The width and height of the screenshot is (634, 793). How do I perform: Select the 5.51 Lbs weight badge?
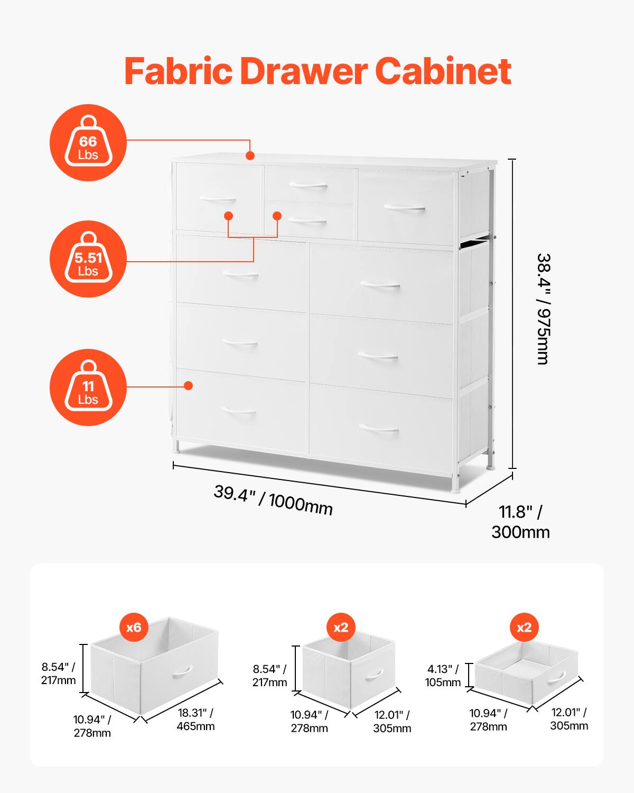point(88,259)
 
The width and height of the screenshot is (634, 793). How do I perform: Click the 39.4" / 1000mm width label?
point(273,499)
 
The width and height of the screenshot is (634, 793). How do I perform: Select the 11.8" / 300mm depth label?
point(520,522)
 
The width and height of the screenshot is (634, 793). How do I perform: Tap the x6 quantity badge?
point(134,628)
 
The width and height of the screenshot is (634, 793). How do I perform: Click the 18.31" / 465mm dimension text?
point(195,719)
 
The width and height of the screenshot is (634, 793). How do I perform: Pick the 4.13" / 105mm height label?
point(443,676)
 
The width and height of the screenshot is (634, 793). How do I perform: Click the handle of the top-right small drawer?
point(405,208)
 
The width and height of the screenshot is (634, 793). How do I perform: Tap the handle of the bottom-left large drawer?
point(239,411)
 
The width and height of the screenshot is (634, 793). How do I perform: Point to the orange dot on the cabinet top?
point(250,155)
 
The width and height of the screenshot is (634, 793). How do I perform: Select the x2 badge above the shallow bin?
point(524,628)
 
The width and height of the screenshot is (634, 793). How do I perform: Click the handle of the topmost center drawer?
point(309,185)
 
